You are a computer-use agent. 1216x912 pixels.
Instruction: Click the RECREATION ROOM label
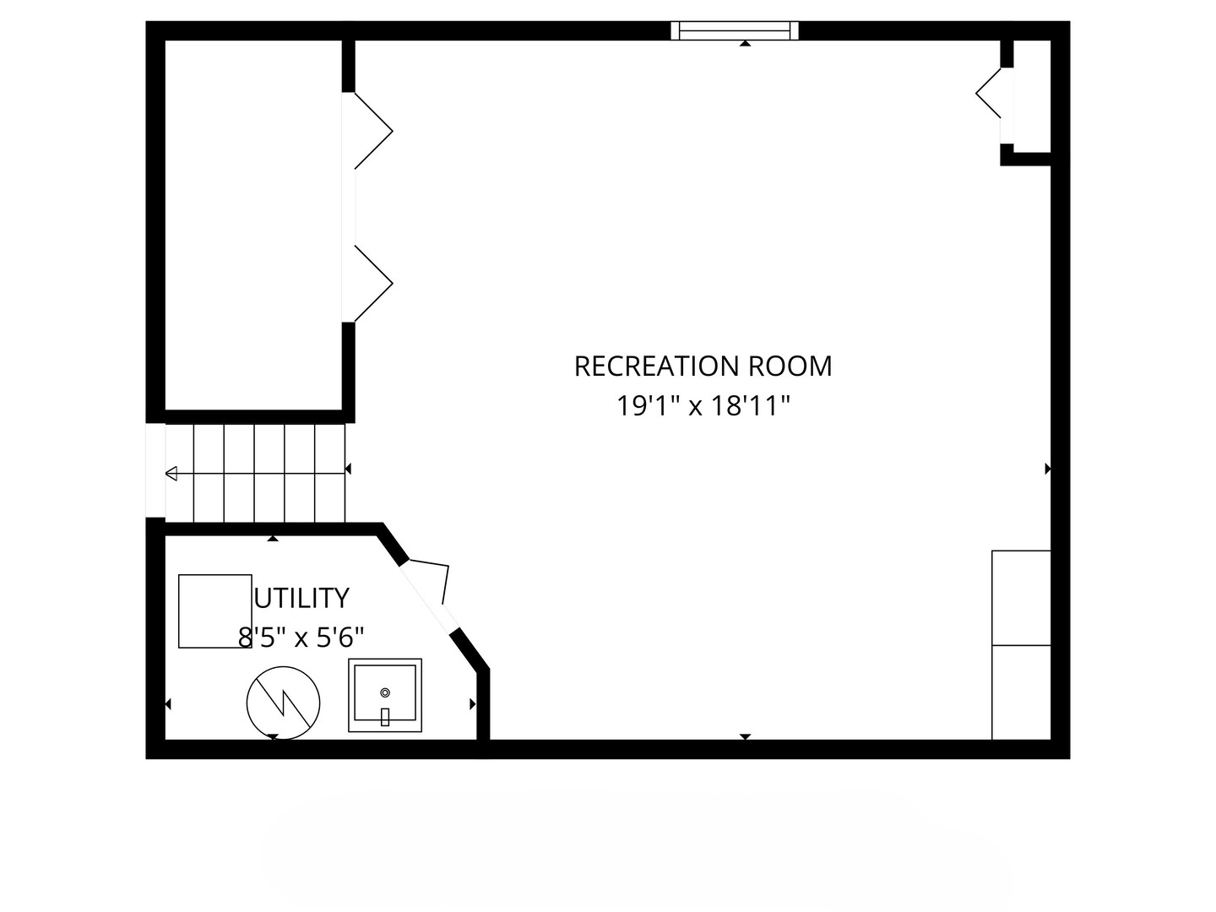tap(703, 366)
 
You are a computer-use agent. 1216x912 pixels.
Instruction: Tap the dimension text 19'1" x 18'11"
tap(703, 406)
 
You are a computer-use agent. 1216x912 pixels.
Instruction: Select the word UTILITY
tap(302, 598)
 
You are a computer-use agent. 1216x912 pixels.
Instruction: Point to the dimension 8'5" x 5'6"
tap(301, 638)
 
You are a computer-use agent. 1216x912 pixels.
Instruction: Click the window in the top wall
tap(735, 30)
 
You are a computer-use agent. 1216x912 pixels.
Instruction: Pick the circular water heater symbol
tap(283, 703)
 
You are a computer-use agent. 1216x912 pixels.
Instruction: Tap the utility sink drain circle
tap(385, 692)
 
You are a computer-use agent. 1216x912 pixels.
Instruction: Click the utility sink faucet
tap(385, 717)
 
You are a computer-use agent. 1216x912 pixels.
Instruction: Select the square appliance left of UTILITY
tap(215, 611)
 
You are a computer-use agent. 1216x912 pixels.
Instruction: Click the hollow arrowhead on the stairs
tap(171, 474)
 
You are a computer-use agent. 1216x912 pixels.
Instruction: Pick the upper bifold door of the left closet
tap(374, 131)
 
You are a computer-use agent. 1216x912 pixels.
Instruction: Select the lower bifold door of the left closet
tap(374, 284)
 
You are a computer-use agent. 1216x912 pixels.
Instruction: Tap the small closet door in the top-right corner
tap(988, 93)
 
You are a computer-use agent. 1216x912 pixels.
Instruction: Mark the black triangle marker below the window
tap(745, 43)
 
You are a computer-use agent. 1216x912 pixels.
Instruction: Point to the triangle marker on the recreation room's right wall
tap(1048, 469)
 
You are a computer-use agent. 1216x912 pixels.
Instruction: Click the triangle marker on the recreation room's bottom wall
tap(745, 736)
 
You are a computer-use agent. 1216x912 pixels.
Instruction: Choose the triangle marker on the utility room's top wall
tap(273, 538)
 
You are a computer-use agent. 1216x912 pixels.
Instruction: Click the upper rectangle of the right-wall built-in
tap(1021, 598)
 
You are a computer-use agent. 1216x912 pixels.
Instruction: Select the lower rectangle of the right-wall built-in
tap(1021, 692)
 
